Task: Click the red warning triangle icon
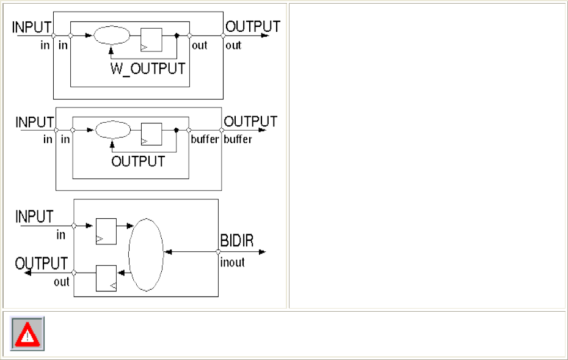[x=27, y=334]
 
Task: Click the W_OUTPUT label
[x=147, y=68]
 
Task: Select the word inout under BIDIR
[x=232, y=262]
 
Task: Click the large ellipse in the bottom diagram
[x=146, y=255]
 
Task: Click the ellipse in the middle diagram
[x=114, y=130]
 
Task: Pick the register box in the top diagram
[x=151, y=39]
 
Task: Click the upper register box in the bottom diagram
[x=106, y=231]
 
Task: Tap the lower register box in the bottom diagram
[x=106, y=278]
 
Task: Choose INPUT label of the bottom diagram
[x=34, y=217]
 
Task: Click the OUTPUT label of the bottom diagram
[x=42, y=263]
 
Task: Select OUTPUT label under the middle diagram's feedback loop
[x=138, y=161]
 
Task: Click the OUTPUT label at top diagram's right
[x=253, y=27]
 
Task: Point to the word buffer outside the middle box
[x=238, y=139]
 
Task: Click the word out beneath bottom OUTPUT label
[x=62, y=282]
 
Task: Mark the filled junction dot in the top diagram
[x=177, y=36]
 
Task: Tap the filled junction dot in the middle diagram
[x=177, y=130]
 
